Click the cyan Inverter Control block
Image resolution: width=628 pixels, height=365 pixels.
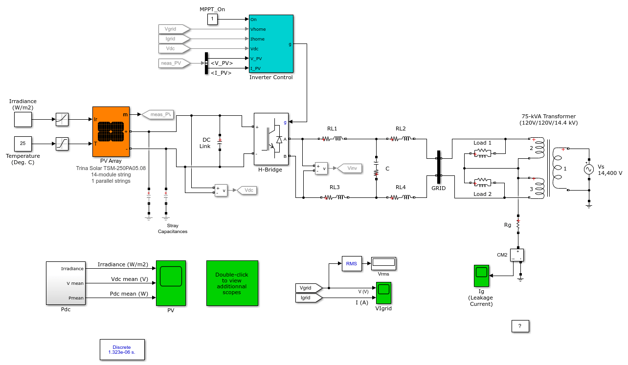(x=271, y=43)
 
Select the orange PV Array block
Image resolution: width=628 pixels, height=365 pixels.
(x=111, y=131)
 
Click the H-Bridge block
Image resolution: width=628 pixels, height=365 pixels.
(x=271, y=139)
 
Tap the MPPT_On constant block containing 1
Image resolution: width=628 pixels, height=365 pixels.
(x=212, y=20)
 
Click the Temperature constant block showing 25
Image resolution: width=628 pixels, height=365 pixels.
(x=23, y=144)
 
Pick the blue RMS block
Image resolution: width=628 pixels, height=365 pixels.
(x=352, y=263)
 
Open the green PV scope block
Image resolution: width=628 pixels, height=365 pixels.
(x=171, y=283)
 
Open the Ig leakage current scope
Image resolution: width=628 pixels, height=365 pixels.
(x=481, y=276)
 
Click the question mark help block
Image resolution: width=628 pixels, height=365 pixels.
(x=520, y=326)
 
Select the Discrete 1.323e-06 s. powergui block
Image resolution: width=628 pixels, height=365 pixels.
(x=122, y=349)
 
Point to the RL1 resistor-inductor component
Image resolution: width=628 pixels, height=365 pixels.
(x=332, y=139)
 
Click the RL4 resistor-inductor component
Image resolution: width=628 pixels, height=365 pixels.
(x=401, y=197)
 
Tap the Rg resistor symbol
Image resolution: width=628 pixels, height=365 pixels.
(x=518, y=224)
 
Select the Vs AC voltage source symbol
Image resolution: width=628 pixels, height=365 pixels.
(x=589, y=170)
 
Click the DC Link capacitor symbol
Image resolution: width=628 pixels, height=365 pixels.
(x=220, y=142)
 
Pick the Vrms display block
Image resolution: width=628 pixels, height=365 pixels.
(x=383, y=263)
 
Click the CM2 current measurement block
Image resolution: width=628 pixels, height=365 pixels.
(x=516, y=255)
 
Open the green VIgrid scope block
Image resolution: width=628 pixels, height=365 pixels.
(x=383, y=293)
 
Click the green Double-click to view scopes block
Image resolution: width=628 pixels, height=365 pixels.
(x=232, y=283)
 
